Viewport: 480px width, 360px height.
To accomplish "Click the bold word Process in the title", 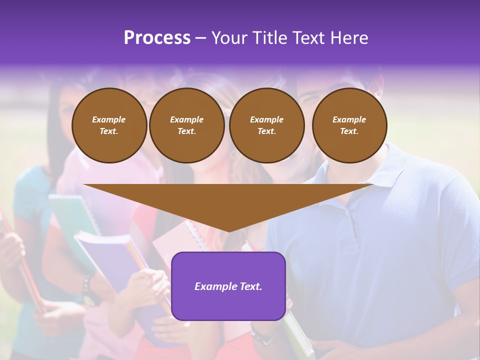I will point(157,38).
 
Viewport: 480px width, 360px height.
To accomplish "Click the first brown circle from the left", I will point(109,125).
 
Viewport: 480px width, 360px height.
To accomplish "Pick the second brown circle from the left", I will point(186,125).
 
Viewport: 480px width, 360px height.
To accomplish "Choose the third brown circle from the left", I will point(266,125).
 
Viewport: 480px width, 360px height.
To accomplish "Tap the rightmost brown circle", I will point(349,125).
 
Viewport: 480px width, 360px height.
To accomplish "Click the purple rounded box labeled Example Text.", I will point(228,286).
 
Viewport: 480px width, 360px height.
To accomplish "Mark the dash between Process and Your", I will point(200,38).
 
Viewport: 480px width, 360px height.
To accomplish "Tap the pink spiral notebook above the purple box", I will point(180,240).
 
